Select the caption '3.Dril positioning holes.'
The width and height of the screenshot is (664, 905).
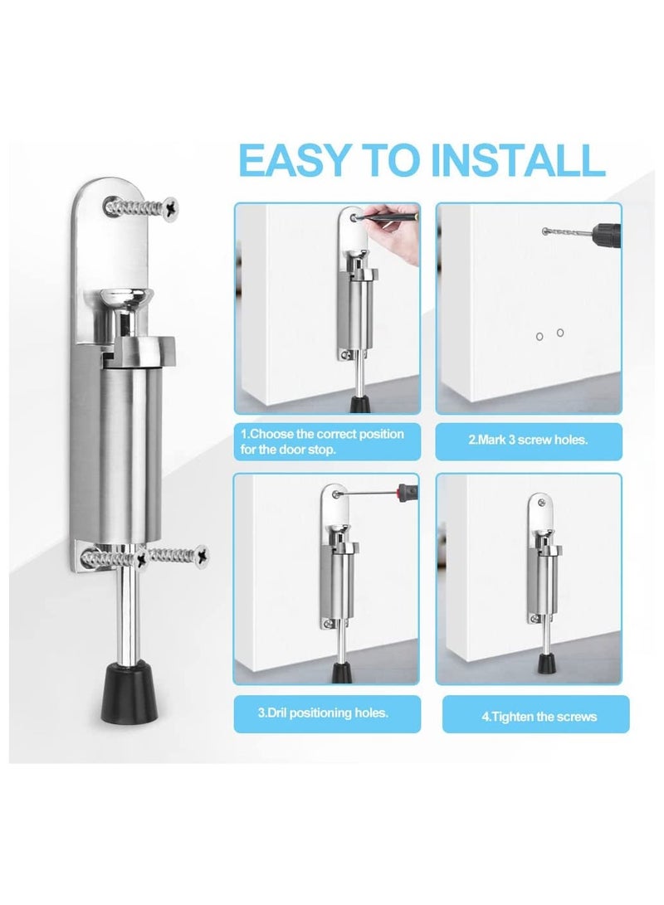point(324,712)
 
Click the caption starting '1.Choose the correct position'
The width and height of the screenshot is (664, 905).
point(323,441)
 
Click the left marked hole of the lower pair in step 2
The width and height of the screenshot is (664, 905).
point(539,335)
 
